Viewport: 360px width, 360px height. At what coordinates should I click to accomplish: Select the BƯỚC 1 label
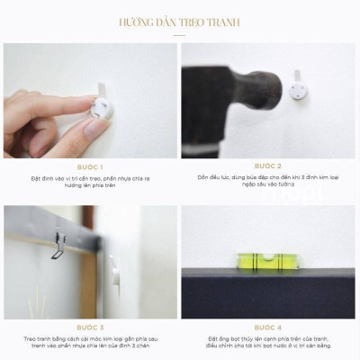[x=90, y=167]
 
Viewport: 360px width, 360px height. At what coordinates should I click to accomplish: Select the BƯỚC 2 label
[x=268, y=166]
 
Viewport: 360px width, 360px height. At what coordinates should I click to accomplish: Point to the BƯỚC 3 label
[x=90, y=328]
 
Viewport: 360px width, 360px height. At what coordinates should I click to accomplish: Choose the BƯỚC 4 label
[x=268, y=328]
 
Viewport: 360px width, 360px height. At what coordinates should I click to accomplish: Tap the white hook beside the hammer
[x=298, y=89]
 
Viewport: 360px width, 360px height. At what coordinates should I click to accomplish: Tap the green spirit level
[x=265, y=260]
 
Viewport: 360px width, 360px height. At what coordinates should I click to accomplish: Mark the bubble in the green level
[x=265, y=260]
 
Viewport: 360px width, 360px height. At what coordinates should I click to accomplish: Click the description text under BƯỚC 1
[x=90, y=183]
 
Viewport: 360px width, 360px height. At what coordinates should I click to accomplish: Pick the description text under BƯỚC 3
[x=90, y=343]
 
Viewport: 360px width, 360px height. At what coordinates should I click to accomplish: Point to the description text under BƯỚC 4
[x=268, y=343]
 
